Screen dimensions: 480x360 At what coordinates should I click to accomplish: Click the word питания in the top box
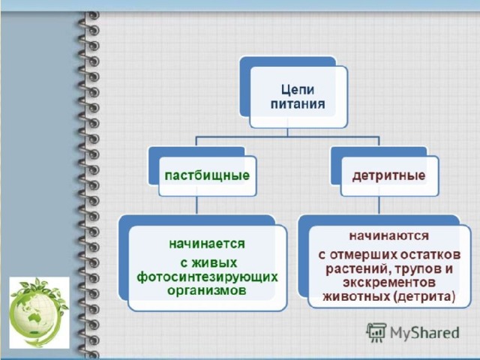pyautogui.click(x=298, y=104)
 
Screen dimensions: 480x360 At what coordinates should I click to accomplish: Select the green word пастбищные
pyautogui.click(x=207, y=175)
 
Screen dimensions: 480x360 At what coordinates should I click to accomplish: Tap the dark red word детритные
pyautogui.click(x=388, y=175)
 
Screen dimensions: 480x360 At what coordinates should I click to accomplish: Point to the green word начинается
pyautogui.click(x=207, y=244)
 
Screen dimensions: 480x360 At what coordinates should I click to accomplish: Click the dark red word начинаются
pyautogui.click(x=389, y=235)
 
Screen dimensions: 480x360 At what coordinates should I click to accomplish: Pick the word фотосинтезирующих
pyautogui.click(x=207, y=277)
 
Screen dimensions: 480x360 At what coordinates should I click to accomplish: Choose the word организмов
pyautogui.click(x=207, y=290)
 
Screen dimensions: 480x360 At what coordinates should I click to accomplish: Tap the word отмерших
pyautogui.click(x=363, y=255)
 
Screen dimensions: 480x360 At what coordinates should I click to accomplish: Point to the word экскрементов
pyautogui.click(x=389, y=282)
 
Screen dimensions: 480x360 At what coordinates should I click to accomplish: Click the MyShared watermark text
pyautogui.click(x=424, y=332)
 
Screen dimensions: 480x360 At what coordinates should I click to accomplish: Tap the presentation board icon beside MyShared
pyautogui.click(x=376, y=332)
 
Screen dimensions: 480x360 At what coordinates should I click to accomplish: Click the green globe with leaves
pyautogui.click(x=39, y=312)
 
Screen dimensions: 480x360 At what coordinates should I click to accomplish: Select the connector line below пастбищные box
pyautogui.click(x=196, y=205)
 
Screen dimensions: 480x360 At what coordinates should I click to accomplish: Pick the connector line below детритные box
pyautogui.click(x=379, y=205)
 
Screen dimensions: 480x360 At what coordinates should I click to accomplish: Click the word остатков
pyautogui.click(x=431, y=255)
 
